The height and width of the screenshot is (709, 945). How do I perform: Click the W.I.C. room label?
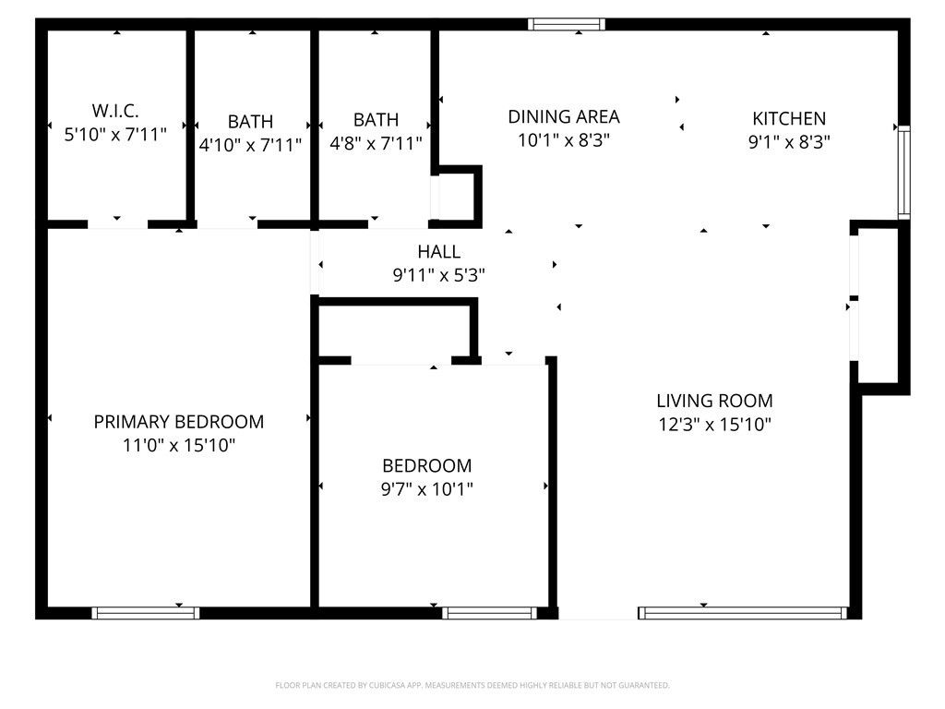pyautogui.click(x=115, y=111)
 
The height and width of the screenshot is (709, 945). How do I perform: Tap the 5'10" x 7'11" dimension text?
pyautogui.click(x=115, y=135)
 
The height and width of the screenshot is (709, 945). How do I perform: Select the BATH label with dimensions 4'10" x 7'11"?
pyautogui.click(x=250, y=122)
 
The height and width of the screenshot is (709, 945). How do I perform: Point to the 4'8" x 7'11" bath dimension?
pyautogui.click(x=376, y=143)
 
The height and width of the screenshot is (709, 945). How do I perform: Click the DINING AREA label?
pyautogui.click(x=564, y=116)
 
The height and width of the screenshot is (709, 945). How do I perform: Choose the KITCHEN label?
pyautogui.click(x=789, y=118)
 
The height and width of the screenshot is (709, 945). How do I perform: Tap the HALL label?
pyautogui.click(x=438, y=251)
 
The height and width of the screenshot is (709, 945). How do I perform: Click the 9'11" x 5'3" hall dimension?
pyautogui.click(x=438, y=274)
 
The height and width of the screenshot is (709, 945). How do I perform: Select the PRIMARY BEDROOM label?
pyautogui.click(x=178, y=422)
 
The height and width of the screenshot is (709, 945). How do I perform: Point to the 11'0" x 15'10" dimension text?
pyautogui.click(x=178, y=445)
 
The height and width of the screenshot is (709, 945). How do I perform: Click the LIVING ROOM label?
pyautogui.click(x=714, y=401)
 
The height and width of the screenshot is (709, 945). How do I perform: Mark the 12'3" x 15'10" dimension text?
pyautogui.click(x=714, y=425)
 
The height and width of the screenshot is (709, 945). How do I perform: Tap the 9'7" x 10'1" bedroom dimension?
pyautogui.click(x=426, y=489)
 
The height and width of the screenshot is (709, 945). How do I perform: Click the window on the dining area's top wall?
pyautogui.click(x=567, y=25)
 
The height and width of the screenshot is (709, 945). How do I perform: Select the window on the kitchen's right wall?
pyautogui.click(x=903, y=173)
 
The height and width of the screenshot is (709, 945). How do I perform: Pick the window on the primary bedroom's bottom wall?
pyautogui.click(x=146, y=612)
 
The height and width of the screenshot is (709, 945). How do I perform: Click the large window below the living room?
pyautogui.click(x=743, y=612)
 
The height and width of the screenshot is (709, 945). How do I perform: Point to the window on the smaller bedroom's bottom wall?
pyautogui.click(x=489, y=612)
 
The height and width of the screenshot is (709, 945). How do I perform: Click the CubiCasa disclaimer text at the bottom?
pyautogui.click(x=472, y=685)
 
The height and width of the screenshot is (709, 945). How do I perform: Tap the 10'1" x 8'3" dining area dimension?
pyautogui.click(x=564, y=140)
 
